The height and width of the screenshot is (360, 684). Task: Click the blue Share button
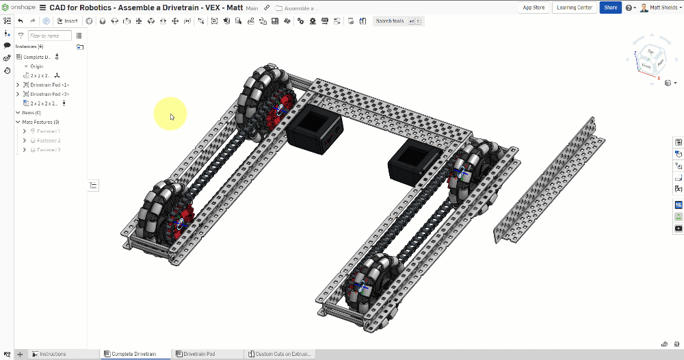coord(610,8)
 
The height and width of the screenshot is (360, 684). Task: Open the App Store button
coord(534,8)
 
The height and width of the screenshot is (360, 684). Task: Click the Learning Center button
coord(575,8)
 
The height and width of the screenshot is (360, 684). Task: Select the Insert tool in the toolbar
coord(67,21)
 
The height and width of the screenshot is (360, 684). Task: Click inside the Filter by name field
coord(49,36)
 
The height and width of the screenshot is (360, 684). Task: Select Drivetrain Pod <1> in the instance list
coord(49,85)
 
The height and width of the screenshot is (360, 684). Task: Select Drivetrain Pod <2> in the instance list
coord(49,94)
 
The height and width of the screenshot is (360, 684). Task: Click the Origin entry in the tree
coord(36,66)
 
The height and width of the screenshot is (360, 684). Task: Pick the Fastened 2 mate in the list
coord(49,140)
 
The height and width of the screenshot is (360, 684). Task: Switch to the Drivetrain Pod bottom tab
coord(198,354)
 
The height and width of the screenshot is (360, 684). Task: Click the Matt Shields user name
coord(663,8)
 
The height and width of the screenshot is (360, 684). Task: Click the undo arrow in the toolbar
coord(21,21)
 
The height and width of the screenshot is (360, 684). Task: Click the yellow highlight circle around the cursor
coord(170,113)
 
